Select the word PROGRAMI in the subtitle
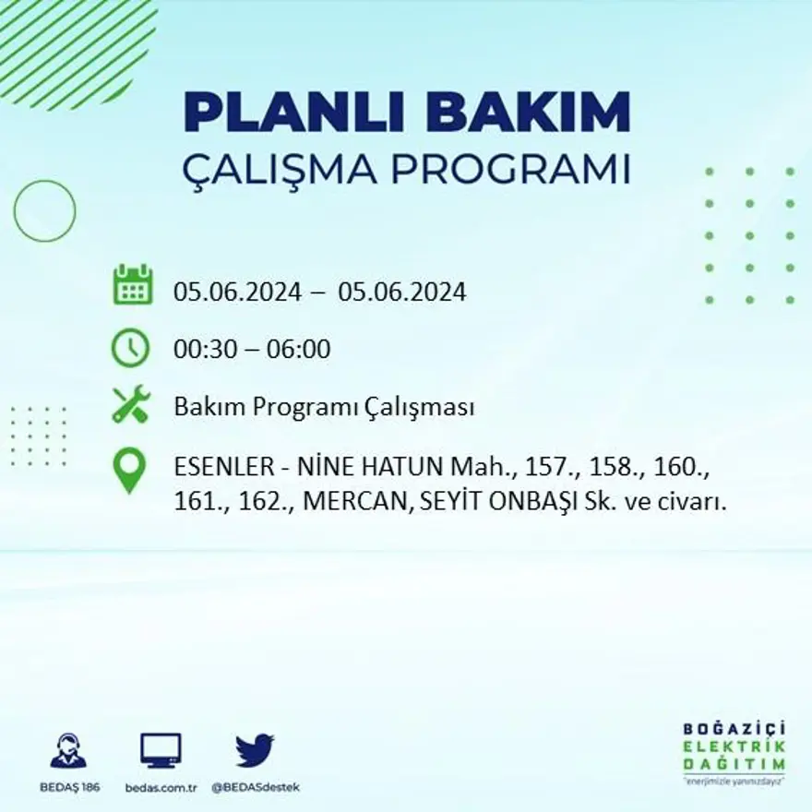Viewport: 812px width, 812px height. point(513,170)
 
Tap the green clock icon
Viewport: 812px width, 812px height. point(130,348)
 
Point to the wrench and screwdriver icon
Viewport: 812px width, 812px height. point(131,405)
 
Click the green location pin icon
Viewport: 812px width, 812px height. point(129,469)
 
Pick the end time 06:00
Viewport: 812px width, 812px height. point(298,350)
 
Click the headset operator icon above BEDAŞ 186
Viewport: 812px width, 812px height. point(68,750)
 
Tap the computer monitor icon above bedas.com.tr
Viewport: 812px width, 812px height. point(161,750)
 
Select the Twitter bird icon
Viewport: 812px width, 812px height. point(255,749)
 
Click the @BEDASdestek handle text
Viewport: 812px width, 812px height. point(256,787)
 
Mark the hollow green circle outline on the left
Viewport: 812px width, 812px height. point(44,211)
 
